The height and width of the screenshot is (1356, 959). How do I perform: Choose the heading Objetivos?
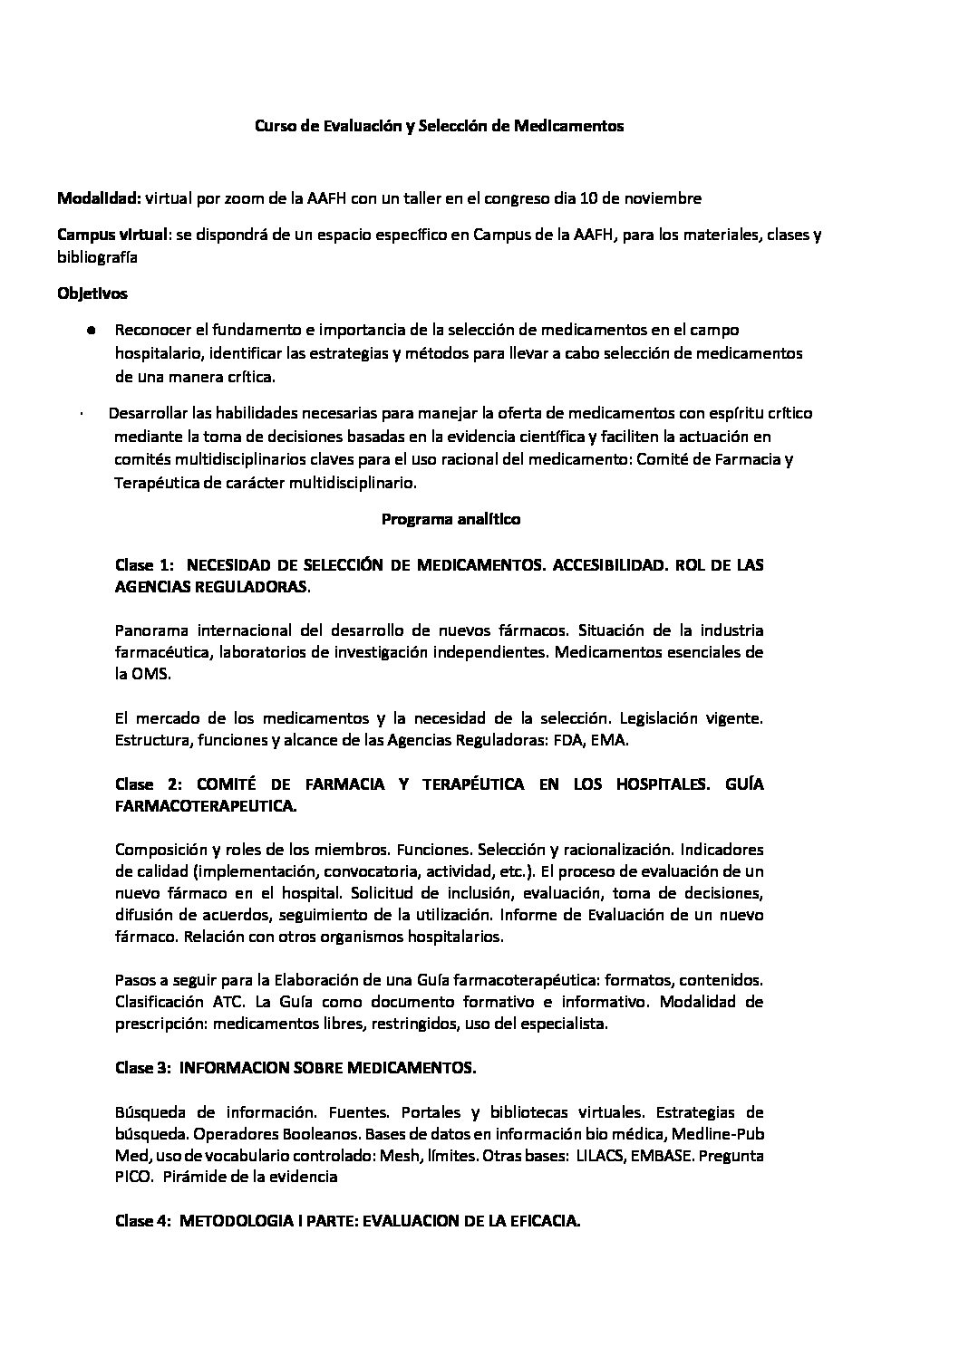(x=92, y=293)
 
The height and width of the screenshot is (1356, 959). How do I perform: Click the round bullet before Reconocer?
(x=92, y=331)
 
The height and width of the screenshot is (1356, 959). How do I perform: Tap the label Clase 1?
(x=145, y=565)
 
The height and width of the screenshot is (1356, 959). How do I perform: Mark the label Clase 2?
(x=150, y=784)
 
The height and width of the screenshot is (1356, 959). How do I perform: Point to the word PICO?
(x=133, y=1178)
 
